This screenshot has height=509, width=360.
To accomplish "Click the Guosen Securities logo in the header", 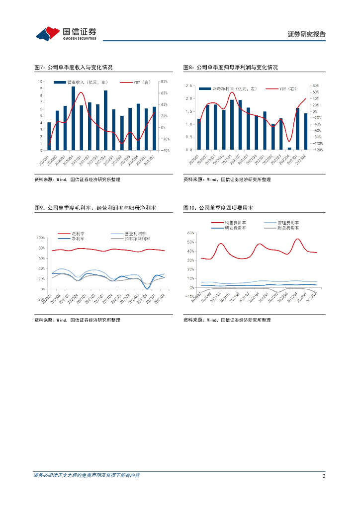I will point(66,33).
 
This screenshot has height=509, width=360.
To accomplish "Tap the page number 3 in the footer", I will point(324,476).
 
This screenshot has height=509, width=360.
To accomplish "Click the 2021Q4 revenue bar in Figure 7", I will point(105,120).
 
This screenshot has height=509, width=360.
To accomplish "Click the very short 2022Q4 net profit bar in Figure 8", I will point(289,148).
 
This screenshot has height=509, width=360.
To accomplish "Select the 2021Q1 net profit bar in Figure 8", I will point(232,125).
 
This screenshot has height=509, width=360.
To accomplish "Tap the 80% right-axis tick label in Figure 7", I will point(164,82).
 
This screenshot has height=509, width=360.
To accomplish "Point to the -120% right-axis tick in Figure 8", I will point(316,150).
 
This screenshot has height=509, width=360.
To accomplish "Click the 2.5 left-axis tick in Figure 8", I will point(189,86).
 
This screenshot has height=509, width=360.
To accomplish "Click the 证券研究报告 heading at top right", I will point(307,34).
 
